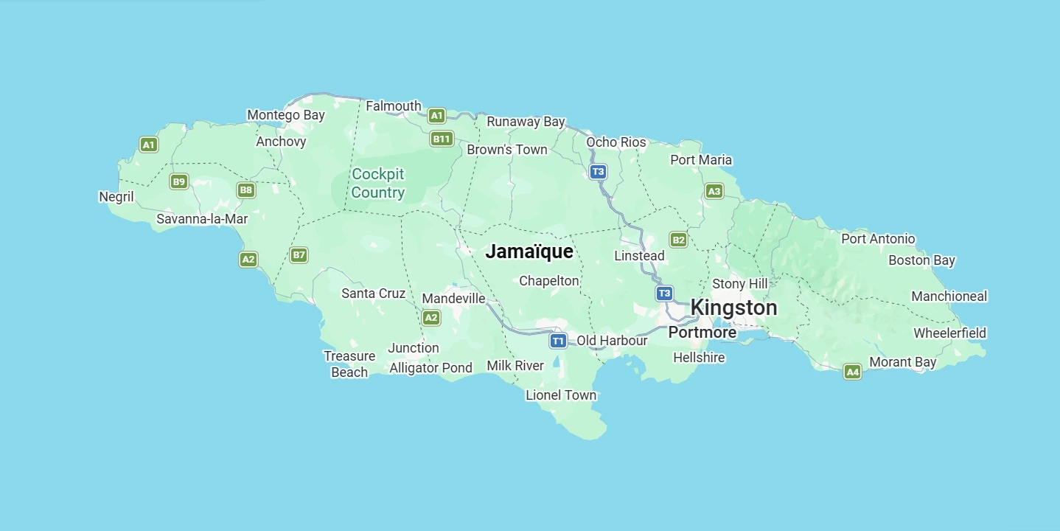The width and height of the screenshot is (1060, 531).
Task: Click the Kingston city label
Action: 733,308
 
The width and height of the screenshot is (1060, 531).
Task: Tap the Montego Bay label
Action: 285,115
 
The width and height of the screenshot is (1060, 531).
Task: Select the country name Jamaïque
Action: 529,251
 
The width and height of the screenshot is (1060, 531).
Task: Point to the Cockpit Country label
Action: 377,184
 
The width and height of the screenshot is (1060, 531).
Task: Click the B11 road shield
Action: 441,139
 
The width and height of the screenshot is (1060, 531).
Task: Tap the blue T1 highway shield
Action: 558,341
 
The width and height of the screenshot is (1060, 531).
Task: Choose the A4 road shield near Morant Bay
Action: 852,372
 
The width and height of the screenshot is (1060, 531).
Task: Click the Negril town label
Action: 116,197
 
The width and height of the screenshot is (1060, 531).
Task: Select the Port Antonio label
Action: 878,239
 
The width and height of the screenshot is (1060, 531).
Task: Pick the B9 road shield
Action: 178,181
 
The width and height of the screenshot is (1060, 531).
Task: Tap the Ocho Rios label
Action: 616,142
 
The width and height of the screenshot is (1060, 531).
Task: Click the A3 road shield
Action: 713,192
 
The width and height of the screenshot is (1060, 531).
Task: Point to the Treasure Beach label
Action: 349,364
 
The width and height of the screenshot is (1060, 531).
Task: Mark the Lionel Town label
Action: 560,395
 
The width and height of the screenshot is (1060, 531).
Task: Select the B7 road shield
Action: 299,255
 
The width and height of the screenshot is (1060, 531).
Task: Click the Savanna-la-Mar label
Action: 202,219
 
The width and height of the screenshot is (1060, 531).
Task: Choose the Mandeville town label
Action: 453,299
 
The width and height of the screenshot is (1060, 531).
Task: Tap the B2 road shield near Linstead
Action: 678,240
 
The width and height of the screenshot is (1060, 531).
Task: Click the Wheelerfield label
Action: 949,333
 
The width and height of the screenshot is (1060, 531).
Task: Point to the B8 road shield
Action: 246,190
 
